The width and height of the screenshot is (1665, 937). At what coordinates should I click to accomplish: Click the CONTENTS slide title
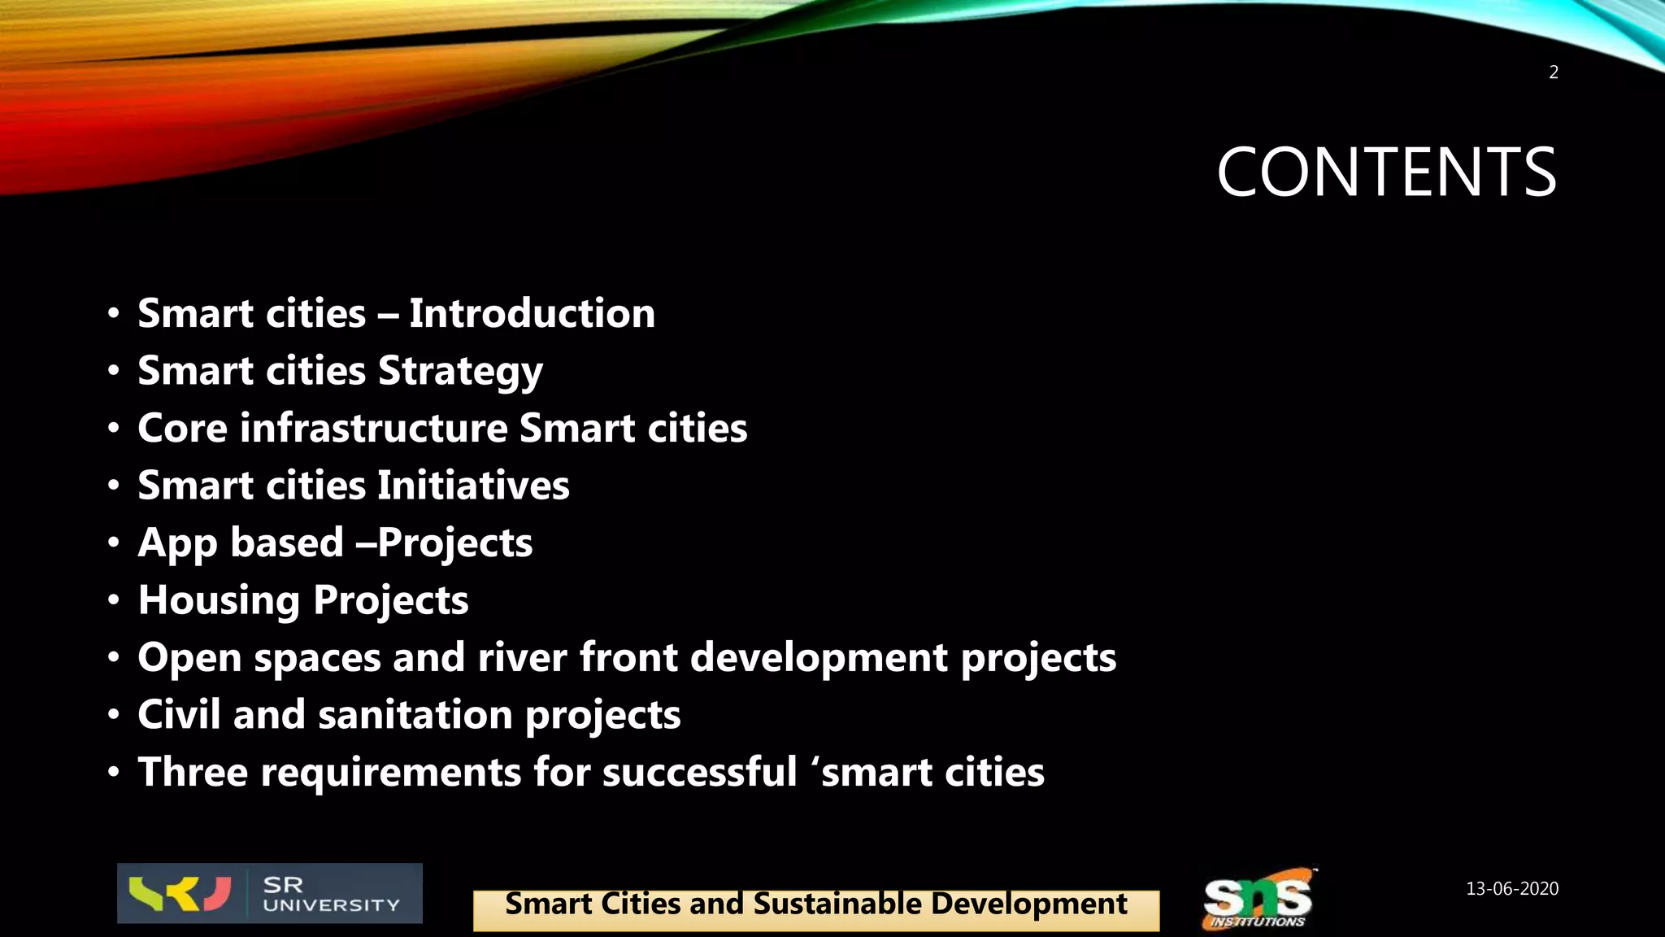[x=1385, y=172]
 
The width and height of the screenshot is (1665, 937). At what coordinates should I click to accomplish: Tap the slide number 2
[x=1553, y=72]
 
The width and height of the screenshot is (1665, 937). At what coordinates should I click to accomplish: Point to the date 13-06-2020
[x=1511, y=888]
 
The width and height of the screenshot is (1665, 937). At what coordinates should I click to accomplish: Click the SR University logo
[x=269, y=893]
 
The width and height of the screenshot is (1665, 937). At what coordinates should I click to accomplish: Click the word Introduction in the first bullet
[x=532, y=314]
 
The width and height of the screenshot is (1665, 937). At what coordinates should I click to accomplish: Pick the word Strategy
[x=460, y=373]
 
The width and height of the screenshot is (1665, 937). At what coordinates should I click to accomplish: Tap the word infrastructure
[x=374, y=429]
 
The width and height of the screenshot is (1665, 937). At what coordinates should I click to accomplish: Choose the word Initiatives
[x=473, y=486]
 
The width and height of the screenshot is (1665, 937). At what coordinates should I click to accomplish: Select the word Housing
[x=219, y=601]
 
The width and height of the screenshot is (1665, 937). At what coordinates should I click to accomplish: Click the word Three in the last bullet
[x=193, y=772]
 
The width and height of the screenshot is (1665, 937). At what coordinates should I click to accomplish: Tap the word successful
[x=699, y=772]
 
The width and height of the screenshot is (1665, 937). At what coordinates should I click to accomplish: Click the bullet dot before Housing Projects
[x=114, y=600]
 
